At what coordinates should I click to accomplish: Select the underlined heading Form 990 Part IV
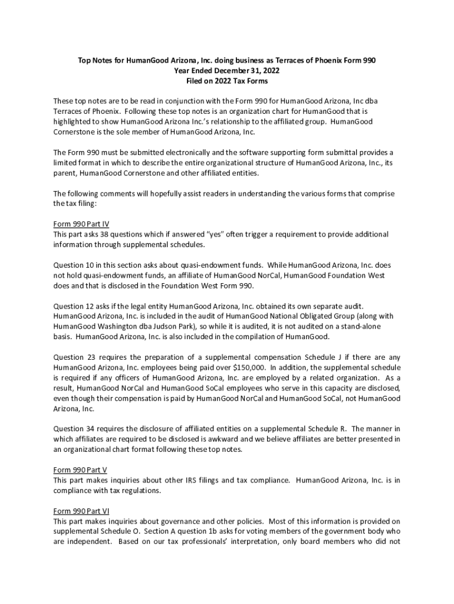coord(81,224)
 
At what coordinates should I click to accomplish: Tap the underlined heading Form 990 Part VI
coord(81,511)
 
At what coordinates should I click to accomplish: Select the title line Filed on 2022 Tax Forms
coord(227,80)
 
